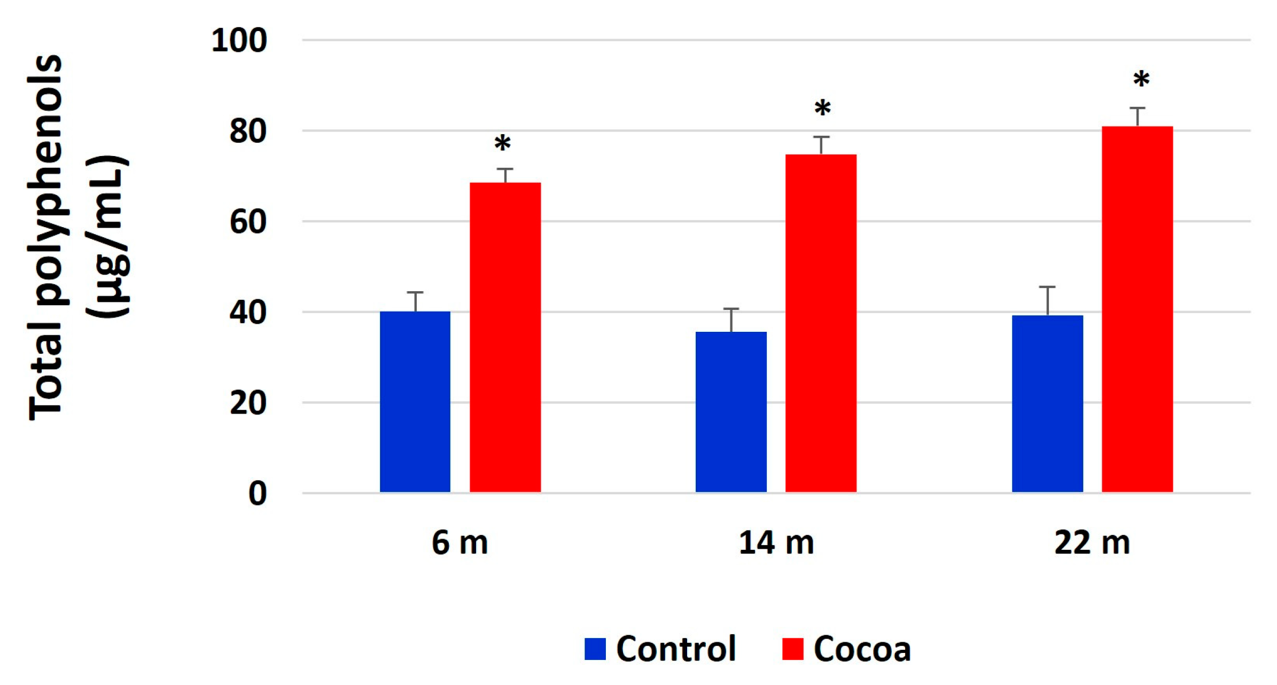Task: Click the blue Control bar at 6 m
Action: [x=415, y=402]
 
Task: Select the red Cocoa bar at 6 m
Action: [x=505, y=337]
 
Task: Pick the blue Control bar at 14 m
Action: [x=730, y=412]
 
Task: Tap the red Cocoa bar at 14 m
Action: [x=821, y=323]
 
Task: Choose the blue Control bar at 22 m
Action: [x=1047, y=403]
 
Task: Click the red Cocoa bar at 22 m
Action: [x=1137, y=309]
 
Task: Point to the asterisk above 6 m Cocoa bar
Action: [x=502, y=143]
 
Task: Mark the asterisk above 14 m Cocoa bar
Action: [x=822, y=108]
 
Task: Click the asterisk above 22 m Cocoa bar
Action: [x=1141, y=80]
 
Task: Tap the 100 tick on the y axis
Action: [x=239, y=41]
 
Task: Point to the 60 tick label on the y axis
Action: [x=247, y=222]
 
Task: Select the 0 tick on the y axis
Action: [x=257, y=494]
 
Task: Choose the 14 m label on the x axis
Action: [x=776, y=543]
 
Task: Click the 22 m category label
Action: [x=1092, y=543]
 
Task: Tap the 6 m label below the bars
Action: [x=460, y=543]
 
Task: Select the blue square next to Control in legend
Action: [x=595, y=649]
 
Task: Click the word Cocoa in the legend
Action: [x=862, y=649]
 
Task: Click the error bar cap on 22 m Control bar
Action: [x=1047, y=287]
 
